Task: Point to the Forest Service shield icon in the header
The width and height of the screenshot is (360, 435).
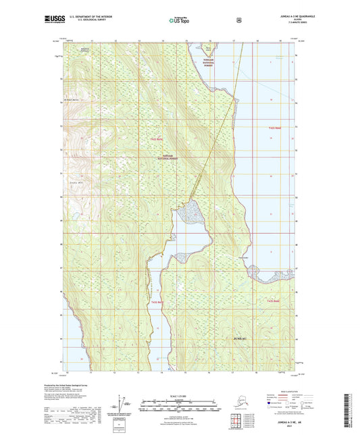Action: pyautogui.click(x=238, y=20)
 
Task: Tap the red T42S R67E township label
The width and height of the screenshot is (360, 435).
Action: pyautogui.click(x=157, y=138)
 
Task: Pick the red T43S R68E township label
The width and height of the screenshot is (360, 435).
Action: pyautogui.click(x=273, y=301)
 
